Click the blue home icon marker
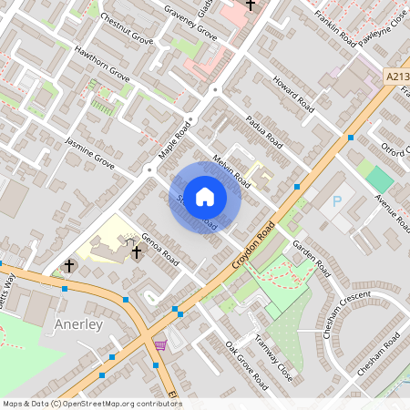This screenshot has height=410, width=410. (x=205, y=196)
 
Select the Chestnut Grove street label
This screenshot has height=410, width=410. (x=127, y=30)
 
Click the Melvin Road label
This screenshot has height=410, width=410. (x=231, y=170)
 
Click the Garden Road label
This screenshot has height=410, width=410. (x=312, y=260)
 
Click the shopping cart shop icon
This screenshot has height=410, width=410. (x=161, y=344)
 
